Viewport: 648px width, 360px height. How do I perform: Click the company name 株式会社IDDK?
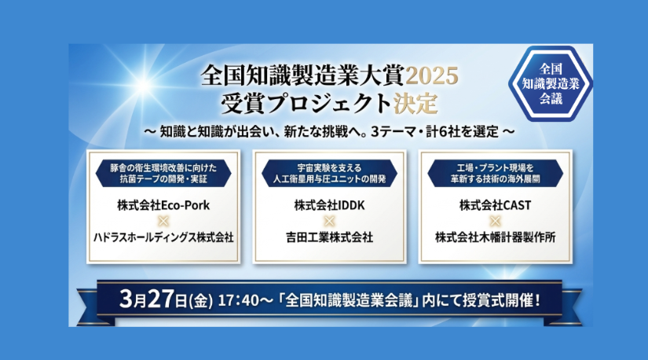329,206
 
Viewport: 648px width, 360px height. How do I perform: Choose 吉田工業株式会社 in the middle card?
329,236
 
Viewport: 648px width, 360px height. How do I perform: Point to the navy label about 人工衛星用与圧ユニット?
329,174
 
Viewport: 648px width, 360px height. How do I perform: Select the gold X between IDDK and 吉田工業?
329,221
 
